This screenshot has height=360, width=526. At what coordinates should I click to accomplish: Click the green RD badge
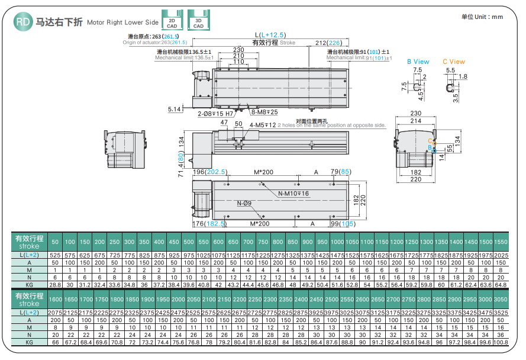(22, 22)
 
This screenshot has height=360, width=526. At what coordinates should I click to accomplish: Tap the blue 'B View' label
(418, 62)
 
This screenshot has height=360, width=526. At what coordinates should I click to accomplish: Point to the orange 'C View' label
(454, 62)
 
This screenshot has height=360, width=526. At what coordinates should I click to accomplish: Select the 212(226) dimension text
(328, 43)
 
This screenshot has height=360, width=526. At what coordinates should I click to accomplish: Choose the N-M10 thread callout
(293, 194)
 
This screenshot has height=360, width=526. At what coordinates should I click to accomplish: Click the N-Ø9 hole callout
(244, 204)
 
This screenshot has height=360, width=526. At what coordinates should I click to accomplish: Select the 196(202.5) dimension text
(209, 172)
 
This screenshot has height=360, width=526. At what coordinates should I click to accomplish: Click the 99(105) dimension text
(343, 224)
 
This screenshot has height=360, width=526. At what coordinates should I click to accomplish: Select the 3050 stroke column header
(500, 300)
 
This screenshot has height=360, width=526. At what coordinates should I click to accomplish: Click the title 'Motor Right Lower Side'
(122, 23)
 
